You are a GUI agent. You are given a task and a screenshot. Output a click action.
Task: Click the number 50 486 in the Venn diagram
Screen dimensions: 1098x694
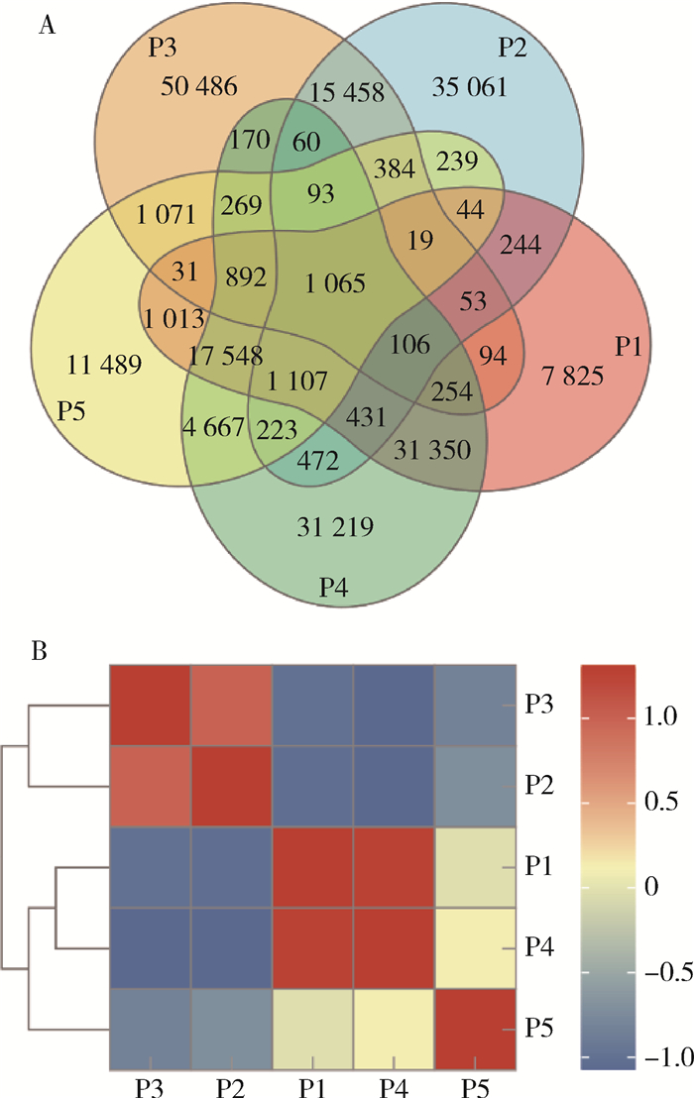click(x=198, y=87)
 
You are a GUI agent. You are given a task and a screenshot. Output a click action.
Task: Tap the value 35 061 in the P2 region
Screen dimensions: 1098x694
click(x=470, y=87)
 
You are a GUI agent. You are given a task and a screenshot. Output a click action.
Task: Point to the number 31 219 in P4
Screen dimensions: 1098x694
click(x=335, y=526)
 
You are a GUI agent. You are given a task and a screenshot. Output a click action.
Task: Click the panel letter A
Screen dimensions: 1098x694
click(x=45, y=27)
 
